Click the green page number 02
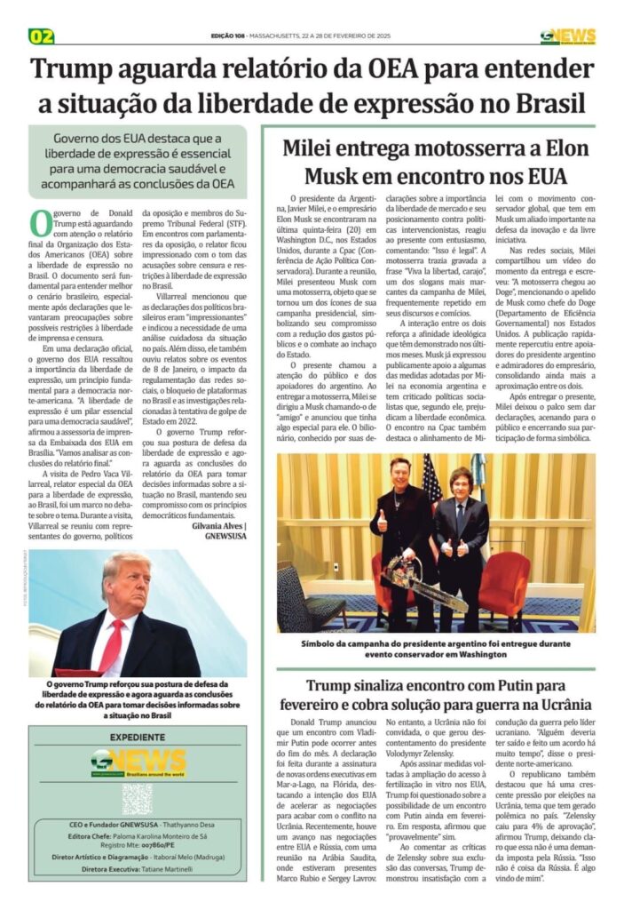(x=42, y=36)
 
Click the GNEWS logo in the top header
(x=567, y=36)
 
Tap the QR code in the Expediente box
(x=137, y=798)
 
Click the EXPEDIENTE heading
(x=137, y=738)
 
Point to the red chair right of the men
(x=510, y=587)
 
